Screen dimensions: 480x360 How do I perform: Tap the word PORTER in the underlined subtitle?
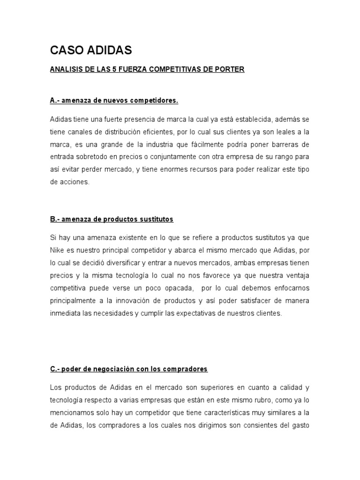(230, 70)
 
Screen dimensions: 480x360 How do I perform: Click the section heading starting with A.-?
(114, 101)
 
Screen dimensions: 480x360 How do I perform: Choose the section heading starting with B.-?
(112, 219)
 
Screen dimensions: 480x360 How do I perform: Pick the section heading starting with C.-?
(129, 369)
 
